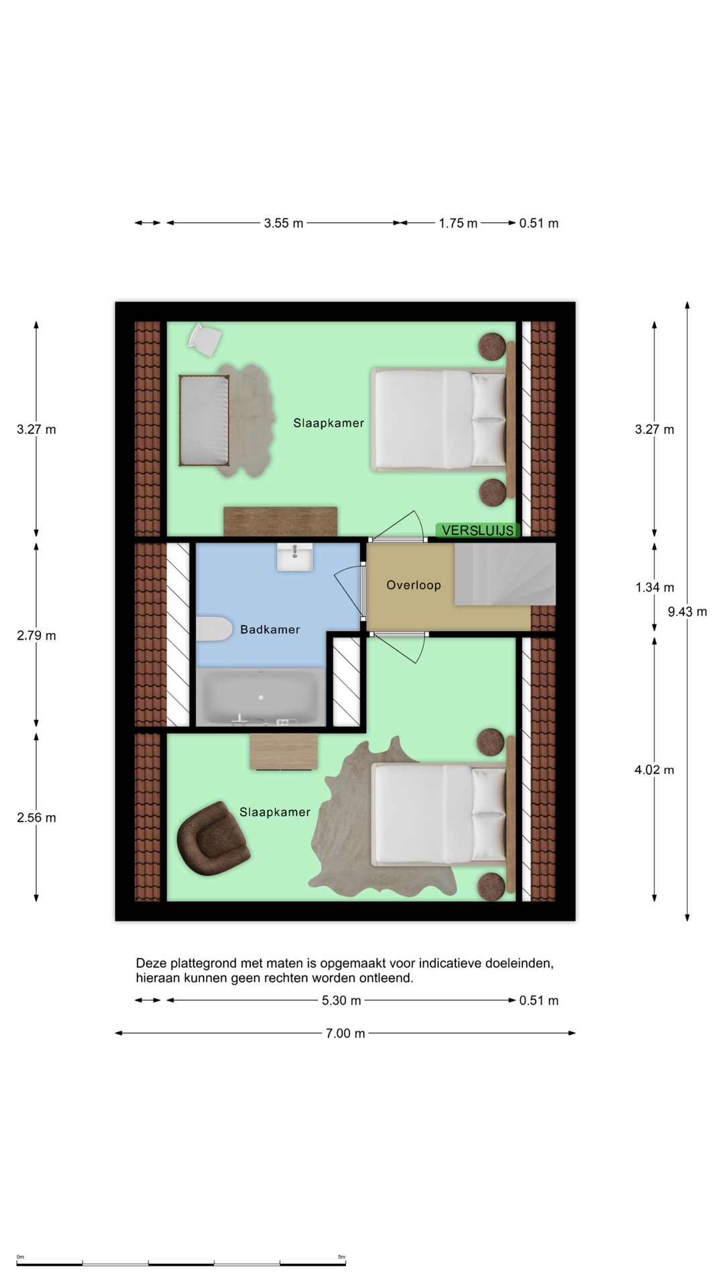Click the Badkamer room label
pyautogui.click(x=269, y=630)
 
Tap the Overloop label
pyautogui.click(x=414, y=585)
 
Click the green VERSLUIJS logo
pyautogui.click(x=477, y=530)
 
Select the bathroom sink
pyautogui.click(x=295, y=557)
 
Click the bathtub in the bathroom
pyautogui.click(x=261, y=697)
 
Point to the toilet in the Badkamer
pyautogui.click(x=214, y=629)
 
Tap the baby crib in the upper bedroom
pyautogui.click(x=204, y=420)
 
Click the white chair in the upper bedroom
pyautogui.click(x=205, y=340)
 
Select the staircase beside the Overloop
pyautogui.click(x=505, y=574)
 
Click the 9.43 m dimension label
pyautogui.click(x=687, y=612)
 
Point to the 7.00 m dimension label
pyautogui.click(x=345, y=1033)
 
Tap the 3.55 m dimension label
pyautogui.click(x=284, y=223)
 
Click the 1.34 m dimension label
pyautogui.click(x=655, y=587)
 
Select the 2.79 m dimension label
pyautogui.click(x=37, y=636)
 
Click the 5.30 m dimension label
pyautogui.click(x=341, y=1001)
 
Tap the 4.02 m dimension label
pyautogui.click(x=654, y=770)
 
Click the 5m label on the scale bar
pyautogui.click(x=341, y=1257)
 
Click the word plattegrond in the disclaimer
pyautogui.click(x=202, y=964)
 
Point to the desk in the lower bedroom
pyautogui.click(x=284, y=752)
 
